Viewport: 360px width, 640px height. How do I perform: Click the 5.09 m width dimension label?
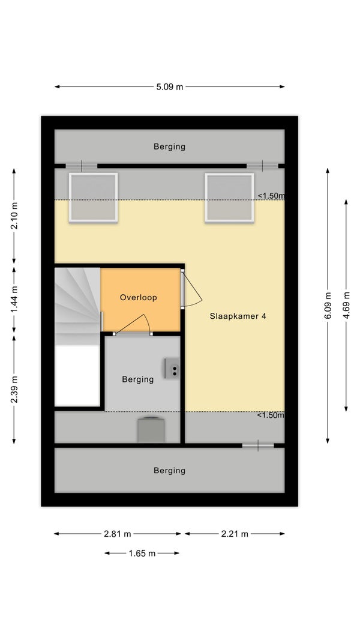coord(170,87)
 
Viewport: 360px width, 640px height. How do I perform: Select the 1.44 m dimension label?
coord(14,300)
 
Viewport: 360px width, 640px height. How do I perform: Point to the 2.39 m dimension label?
coord(14,390)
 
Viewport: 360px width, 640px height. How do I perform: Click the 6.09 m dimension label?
coord(328,306)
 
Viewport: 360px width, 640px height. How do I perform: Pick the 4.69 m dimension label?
coord(347,306)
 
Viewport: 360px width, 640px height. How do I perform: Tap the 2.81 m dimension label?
coord(118,534)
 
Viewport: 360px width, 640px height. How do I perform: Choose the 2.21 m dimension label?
coord(235,534)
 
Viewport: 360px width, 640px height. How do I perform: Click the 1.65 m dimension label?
coord(142,554)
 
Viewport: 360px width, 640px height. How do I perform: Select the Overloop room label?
coord(138,298)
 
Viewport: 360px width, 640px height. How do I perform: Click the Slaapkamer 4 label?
coord(238,316)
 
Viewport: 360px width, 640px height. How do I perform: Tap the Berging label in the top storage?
coord(170,146)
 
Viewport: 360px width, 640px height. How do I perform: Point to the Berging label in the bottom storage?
coord(170,471)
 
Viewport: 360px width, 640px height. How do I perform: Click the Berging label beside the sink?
coord(138,379)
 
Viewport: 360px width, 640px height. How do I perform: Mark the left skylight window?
coord(94,198)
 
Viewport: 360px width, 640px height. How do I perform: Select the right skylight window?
coord(230,198)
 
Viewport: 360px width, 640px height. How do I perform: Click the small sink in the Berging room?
coord(172,368)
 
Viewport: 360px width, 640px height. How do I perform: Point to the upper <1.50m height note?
coord(271,196)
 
